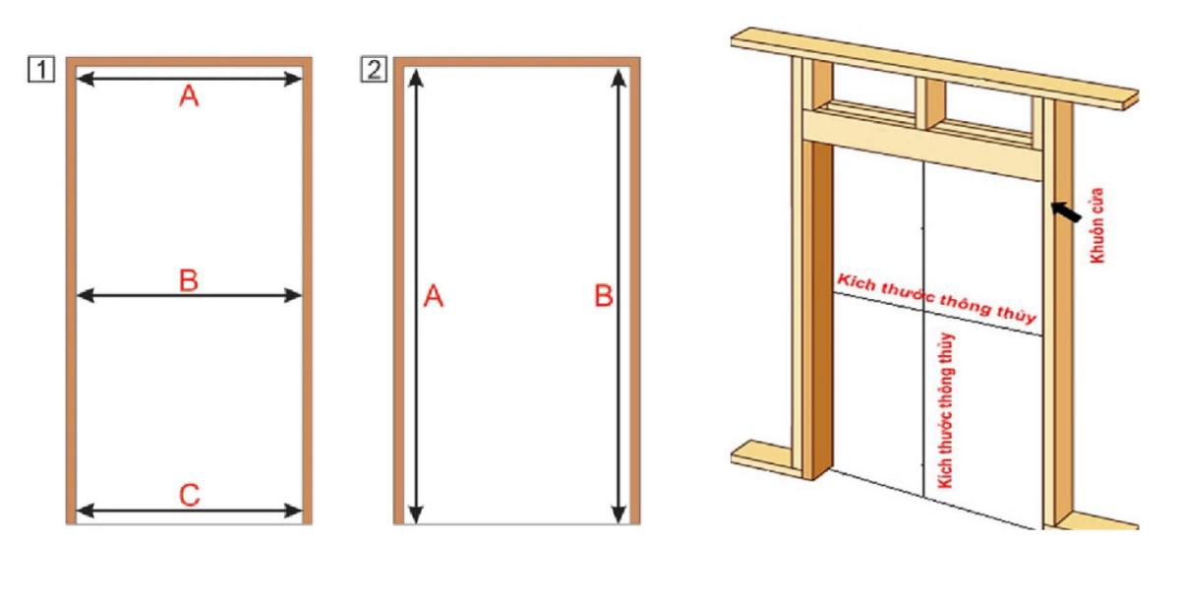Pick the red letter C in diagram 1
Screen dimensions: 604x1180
tap(189, 495)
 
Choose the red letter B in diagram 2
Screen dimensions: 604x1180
tap(604, 295)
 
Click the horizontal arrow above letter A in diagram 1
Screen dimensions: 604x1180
tap(189, 78)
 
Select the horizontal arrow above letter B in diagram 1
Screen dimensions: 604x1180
tap(189, 295)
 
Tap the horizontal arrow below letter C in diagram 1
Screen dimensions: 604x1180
tap(189, 510)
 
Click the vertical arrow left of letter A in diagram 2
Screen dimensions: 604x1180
tap(417, 295)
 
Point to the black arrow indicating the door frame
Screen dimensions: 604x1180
tap(1064, 211)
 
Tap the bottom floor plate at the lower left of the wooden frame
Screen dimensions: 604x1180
tap(762, 455)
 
